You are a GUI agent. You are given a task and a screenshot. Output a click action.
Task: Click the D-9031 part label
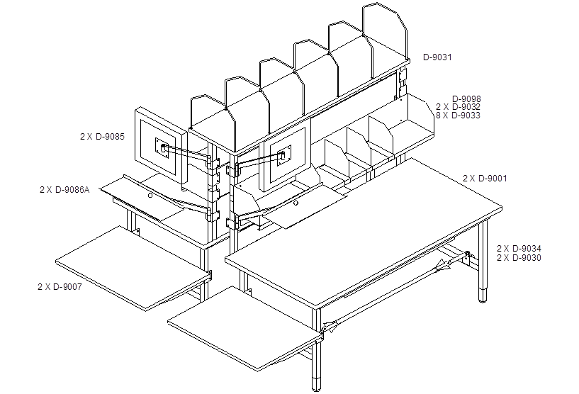pos(437,57)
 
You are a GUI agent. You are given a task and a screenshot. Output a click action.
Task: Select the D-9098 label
pos(466,99)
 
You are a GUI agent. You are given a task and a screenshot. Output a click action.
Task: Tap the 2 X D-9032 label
pos(458,107)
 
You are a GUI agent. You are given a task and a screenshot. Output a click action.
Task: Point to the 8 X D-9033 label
pos(458,116)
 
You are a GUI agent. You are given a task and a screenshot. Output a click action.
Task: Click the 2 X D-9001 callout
pos(485,179)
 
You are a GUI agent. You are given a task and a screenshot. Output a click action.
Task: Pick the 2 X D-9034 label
pos(519,249)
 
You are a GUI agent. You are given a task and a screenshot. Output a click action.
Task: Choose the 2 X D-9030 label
pos(519,258)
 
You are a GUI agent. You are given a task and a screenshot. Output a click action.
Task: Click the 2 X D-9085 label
pos(102,137)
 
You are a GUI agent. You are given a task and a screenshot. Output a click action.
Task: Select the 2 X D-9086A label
pos(64,190)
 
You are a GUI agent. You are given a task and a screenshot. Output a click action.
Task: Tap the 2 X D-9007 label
pos(60,286)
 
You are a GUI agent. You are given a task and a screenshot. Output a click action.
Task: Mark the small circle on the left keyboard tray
pos(150,196)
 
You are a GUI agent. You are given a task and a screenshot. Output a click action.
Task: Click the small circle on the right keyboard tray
pos(296,203)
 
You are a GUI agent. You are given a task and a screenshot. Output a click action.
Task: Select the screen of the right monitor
pos(288,156)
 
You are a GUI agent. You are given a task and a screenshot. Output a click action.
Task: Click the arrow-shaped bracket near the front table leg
pos(330,327)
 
